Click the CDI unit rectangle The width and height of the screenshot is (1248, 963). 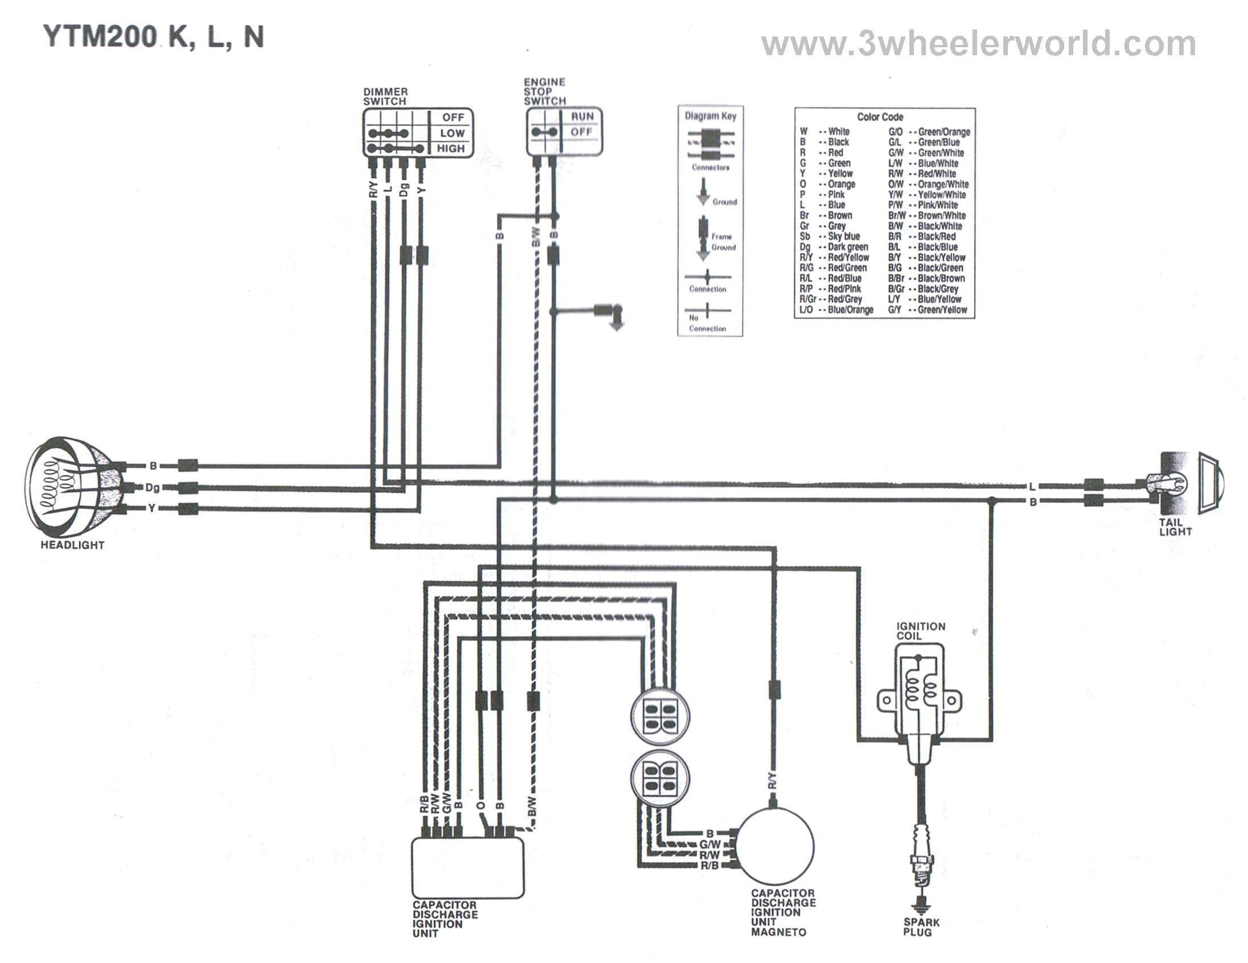[x=468, y=867]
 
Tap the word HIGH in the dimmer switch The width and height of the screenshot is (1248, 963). [x=451, y=149]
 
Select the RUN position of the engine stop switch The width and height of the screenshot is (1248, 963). [x=582, y=117]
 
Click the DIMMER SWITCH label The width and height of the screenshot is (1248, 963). [x=384, y=97]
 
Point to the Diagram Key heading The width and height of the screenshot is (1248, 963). [x=711, y=116]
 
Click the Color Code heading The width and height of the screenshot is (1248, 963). [x=880, y=117]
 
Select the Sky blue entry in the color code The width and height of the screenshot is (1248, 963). [x=830, y=236]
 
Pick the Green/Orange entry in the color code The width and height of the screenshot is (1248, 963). [x=929, y=132]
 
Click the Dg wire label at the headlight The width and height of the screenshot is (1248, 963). [x=152, y=487]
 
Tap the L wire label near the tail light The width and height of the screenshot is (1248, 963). [x=1032, y=487]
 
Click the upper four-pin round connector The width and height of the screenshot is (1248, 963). [x=660, y=716]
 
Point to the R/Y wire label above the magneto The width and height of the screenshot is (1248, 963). [x=772, y=780]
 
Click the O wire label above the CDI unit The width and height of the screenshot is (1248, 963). [x=481, y=806]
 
